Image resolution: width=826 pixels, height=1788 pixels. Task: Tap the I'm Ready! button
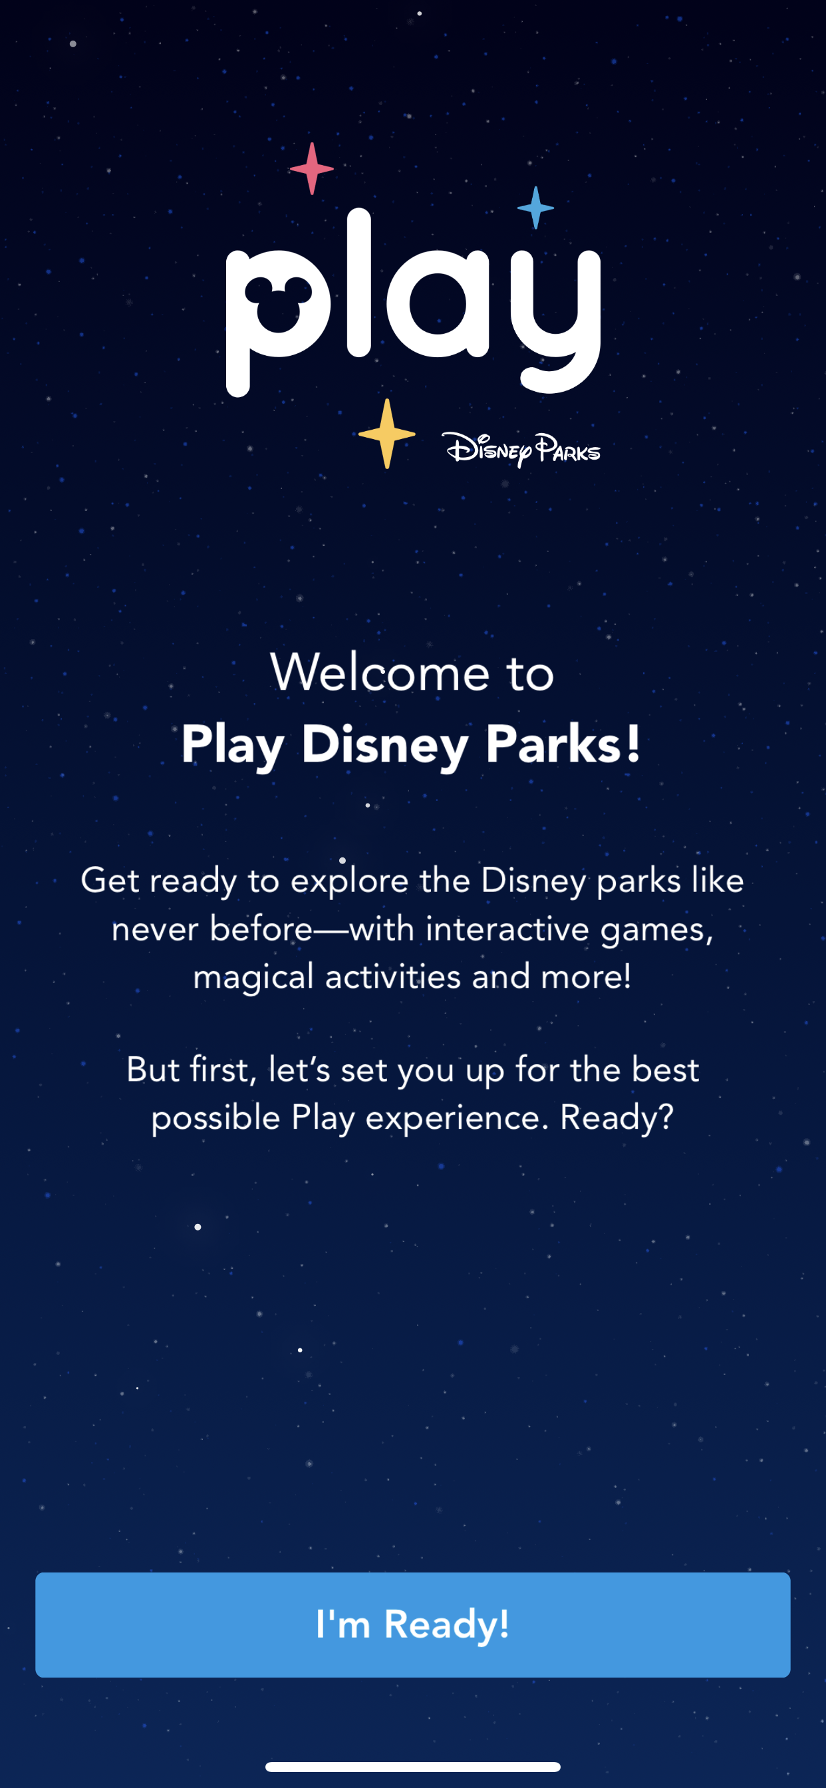point(412,1624)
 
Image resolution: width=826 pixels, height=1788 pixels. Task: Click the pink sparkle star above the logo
point(312,169)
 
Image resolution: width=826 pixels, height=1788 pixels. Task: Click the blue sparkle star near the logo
point(535,208)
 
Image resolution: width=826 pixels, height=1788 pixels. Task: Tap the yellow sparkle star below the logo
point(386,434)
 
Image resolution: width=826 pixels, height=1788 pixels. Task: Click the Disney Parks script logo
point(521,450)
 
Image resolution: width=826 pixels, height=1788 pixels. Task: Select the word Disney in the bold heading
point(384,744)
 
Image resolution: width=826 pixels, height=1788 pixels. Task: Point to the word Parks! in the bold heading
point(562,744)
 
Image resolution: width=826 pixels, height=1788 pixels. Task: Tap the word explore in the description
point(349,881)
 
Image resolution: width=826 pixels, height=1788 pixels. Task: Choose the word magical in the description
point(253,977)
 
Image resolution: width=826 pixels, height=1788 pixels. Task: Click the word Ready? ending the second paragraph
point(617,1117)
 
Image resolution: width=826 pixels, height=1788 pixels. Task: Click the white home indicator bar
point(412,1767)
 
